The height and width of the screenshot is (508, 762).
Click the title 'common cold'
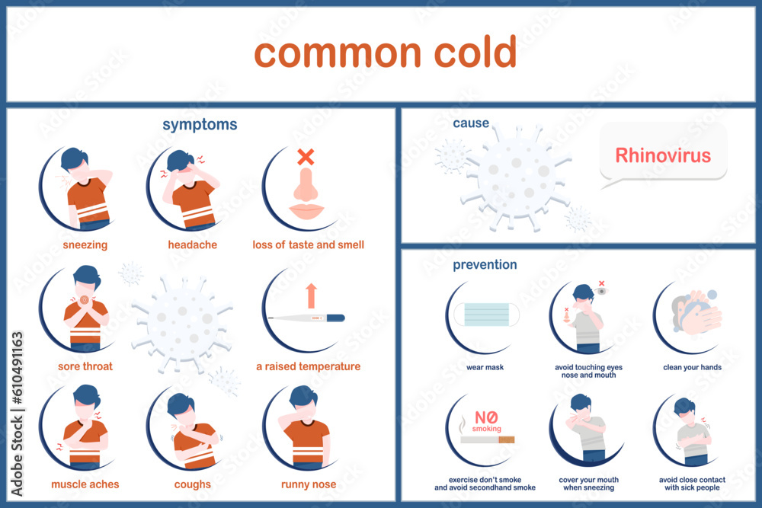(x=385, y=53)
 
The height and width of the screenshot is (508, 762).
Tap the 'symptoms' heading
(x=200, y=124)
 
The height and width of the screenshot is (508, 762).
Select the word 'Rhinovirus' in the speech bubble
(x=663, y=156)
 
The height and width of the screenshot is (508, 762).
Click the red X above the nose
(x=306, y=158)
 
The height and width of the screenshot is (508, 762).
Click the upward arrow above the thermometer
(x=311, y=296)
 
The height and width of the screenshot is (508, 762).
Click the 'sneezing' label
(x=85, y=245)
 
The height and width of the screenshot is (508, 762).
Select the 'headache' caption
(x=193, y=245)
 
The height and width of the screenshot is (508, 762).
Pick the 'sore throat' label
(x=85, y=366)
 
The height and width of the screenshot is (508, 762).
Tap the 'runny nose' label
(x=309, y=484)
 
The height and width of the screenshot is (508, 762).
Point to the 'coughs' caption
(x=192, y=484)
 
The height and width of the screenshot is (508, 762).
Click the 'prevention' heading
(x=485, y=265)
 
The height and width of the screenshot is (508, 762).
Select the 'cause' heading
(x=471, y=123)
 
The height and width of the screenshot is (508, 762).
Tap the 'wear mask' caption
(x=485, y=367)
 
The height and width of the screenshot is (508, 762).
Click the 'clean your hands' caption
(x=692, y=367)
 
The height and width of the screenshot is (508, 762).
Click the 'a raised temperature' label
(x=308, y=366)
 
